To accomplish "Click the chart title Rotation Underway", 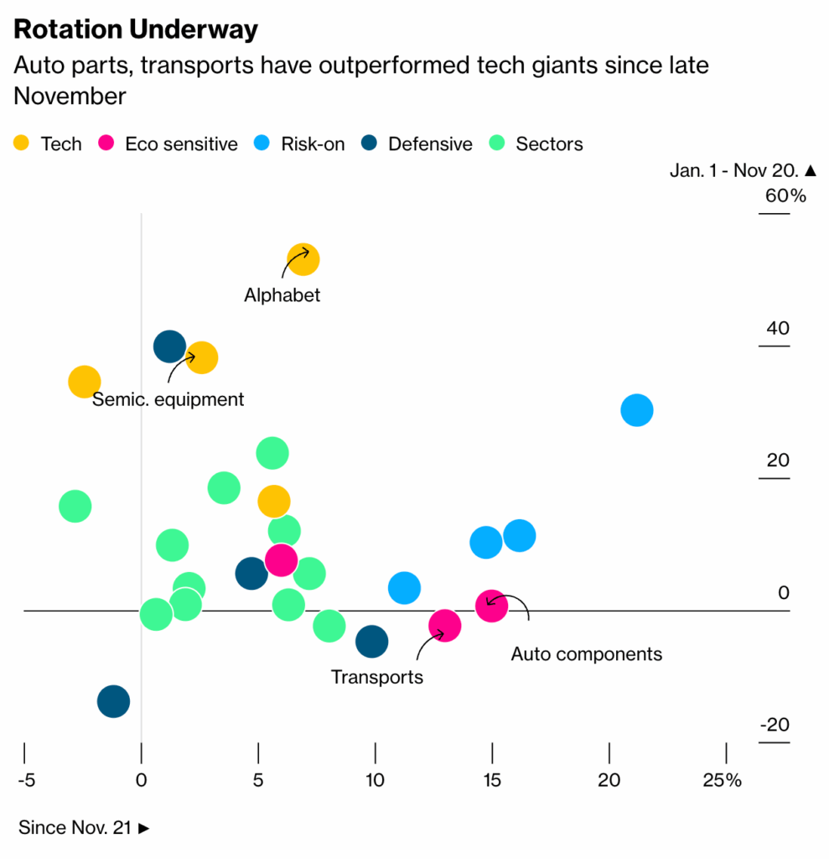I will click(135, 29).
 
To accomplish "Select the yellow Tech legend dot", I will click(22, 143).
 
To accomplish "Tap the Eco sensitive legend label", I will click(181, 143).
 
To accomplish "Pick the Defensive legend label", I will click(430, 143).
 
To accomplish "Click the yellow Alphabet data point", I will click(303, 259).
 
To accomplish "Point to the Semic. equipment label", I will click(168, 399).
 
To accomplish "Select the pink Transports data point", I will click(444, 625).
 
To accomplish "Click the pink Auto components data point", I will click(491, 605).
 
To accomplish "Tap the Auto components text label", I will click(586, 654).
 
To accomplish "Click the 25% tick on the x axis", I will click(723, 780).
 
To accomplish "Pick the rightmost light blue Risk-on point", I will click(637, 410).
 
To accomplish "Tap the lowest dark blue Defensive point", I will click(113, 701).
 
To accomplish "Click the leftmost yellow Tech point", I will click(84, 382).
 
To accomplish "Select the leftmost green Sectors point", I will click(75, 506).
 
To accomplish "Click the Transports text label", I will click(377, 676).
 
